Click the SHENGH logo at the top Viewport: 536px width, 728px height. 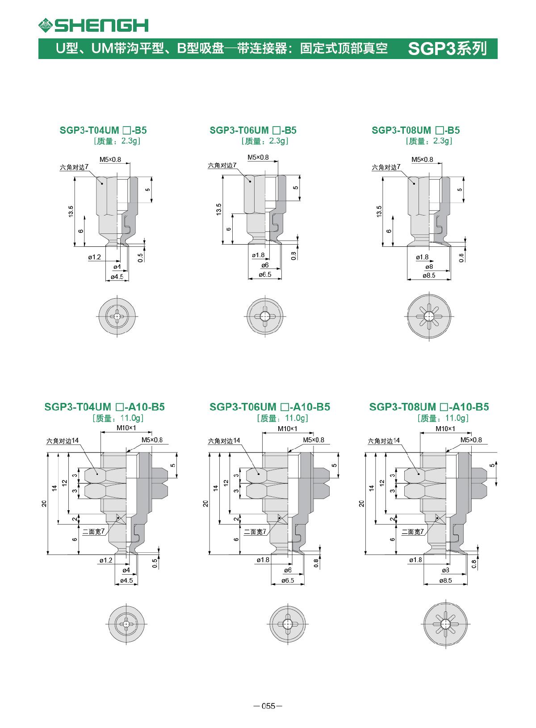93,25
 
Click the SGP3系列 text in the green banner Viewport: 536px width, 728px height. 448,49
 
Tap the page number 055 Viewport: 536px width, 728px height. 268,706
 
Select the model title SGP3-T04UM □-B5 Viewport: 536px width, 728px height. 103,130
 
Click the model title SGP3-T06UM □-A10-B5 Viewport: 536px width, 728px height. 269,407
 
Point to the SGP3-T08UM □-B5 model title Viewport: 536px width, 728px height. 415,130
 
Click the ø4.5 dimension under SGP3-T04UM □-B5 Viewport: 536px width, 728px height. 117,277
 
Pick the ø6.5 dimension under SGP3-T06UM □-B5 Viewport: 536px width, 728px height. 265,275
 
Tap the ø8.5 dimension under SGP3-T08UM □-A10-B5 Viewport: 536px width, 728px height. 445,580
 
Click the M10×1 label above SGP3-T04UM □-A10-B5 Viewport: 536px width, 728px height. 126,427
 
